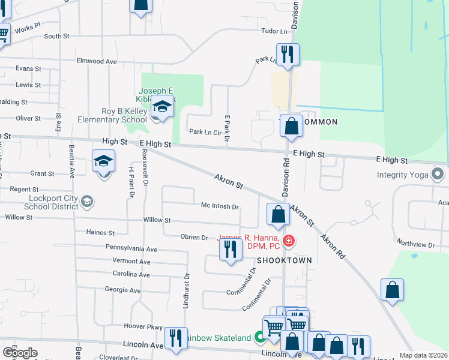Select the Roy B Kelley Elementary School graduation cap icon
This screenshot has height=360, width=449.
tap(161, 107)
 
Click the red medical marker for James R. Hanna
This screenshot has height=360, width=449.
tap(289, 241)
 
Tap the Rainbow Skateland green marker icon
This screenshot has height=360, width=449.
tap(260, 338)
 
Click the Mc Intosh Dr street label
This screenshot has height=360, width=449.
tap(220, 206)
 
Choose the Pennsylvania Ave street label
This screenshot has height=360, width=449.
tap(131, 248)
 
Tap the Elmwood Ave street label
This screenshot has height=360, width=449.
tap(96, 61)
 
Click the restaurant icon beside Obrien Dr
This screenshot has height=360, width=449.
tap(231, 250)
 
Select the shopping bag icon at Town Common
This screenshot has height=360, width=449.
tap(291, 126)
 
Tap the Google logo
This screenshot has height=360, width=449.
tap(20, 352)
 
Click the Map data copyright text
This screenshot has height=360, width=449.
tap(423, 355)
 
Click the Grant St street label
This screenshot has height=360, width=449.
tap(42, 173)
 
